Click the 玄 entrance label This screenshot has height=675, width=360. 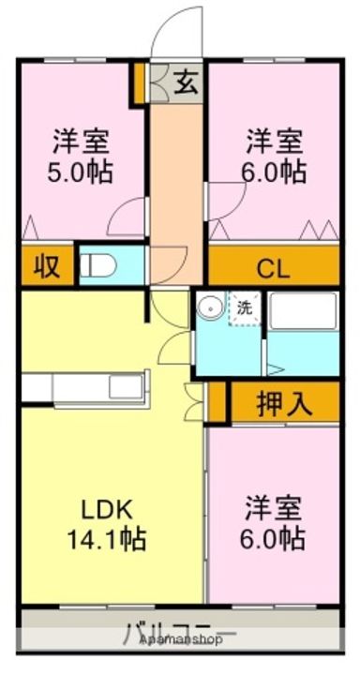[x=187, y=83]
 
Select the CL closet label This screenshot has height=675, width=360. [x=273, y=269]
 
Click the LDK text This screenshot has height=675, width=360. [x=106, y=510]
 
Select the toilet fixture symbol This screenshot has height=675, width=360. [x=97, y=267]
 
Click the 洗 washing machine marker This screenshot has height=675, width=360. [x=243, y=307]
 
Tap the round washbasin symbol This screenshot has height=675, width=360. [x=211, y=307]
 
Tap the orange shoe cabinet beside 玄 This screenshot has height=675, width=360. [x=138, y=83]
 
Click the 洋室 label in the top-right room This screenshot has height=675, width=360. [x=275, y=142]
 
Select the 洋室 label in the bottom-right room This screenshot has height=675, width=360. [x=275, y=509]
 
